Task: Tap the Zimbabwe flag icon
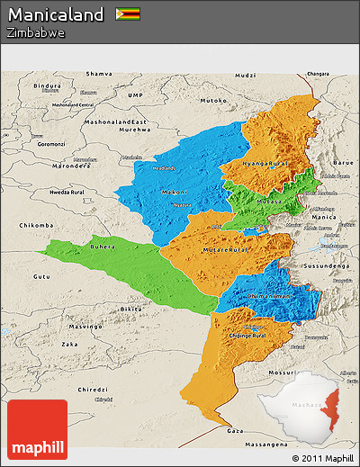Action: tap(127, 14)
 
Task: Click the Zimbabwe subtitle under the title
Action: tap(35, 32)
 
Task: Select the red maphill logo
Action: tap(37, 430)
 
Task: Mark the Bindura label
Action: tap(46, 85)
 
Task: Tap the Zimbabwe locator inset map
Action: tap(306, 407)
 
